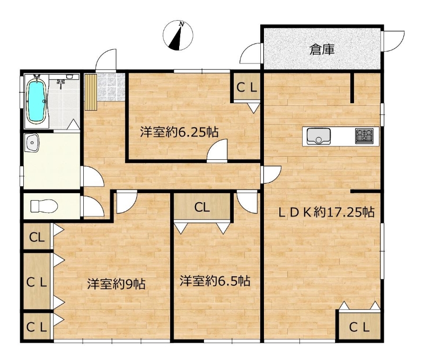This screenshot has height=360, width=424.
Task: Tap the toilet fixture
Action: click(44, 206)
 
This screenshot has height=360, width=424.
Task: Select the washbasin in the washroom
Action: click(32, 143)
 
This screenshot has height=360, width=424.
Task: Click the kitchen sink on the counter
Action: click(319, 137)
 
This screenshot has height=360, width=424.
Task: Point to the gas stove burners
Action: click(364, 136)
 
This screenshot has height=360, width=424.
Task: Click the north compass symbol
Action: click(178, 35)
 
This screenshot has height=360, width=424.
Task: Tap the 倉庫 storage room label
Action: click(322, 49)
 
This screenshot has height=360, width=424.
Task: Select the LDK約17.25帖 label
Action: click(326, 212)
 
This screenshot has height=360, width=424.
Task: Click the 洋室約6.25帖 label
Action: click(179, 132)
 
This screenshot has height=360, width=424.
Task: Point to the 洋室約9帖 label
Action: click(116, 284)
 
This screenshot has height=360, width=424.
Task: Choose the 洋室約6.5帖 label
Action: click(215, 281)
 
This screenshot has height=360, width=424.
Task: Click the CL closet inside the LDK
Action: click(359, 327)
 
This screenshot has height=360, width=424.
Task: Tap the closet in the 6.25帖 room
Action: click(246, 87)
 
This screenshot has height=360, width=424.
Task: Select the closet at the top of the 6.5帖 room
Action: click(202, 208)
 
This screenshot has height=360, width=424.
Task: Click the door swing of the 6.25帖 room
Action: click(217, 150)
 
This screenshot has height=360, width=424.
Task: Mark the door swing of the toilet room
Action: click(93, 206)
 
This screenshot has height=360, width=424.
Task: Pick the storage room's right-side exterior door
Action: click(393, 41)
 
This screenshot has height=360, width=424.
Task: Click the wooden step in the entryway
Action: click(90, 92)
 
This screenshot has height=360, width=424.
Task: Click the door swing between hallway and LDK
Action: click(272, 175)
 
